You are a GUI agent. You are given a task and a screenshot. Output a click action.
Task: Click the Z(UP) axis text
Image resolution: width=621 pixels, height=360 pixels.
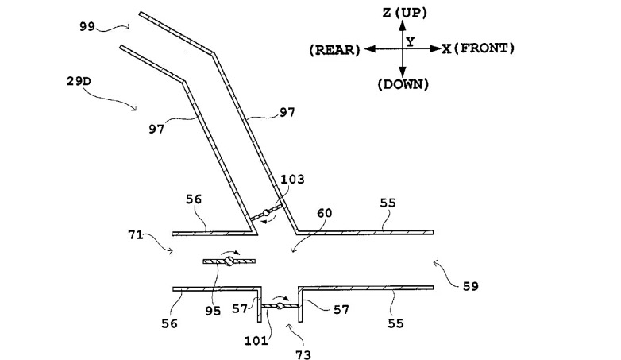[x=404, y=13]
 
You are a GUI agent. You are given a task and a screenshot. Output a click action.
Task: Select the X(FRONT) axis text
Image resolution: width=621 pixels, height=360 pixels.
[x=478, y=48]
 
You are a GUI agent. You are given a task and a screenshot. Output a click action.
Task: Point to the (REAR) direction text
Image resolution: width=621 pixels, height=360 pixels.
[x=334, y=49]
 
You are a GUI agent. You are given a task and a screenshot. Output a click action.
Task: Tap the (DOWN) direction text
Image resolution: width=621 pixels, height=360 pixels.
[x=404, y=83]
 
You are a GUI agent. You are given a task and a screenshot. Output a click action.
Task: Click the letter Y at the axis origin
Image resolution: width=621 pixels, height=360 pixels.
[x=410, y=40]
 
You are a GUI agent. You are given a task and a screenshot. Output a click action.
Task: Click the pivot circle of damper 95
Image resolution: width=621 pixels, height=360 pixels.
[x=228, y=261]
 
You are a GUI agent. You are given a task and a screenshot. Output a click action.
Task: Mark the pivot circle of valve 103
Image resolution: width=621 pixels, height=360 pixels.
[x=268, y=213]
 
